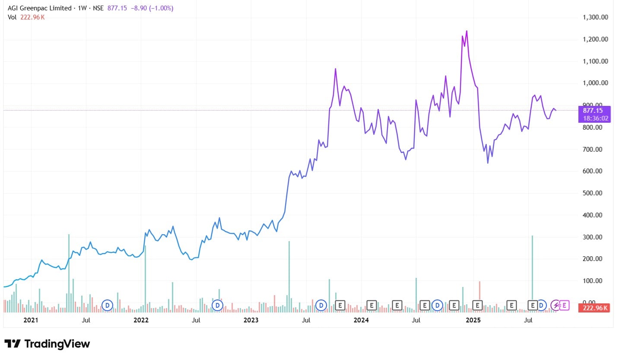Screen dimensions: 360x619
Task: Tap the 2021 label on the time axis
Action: click(31, 320)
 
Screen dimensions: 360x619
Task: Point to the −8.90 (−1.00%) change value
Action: click(150, 8)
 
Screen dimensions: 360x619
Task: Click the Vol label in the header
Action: click(12, 17)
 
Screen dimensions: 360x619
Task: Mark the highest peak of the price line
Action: click(467, 31)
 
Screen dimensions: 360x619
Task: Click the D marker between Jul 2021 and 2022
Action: click(107, 306)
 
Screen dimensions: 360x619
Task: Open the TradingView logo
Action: click(48, 344)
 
